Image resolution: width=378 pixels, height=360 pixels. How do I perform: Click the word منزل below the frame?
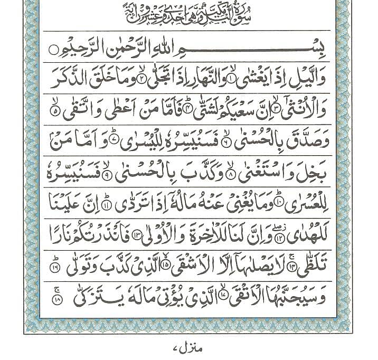pyautogui.click(x=184, y=348)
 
